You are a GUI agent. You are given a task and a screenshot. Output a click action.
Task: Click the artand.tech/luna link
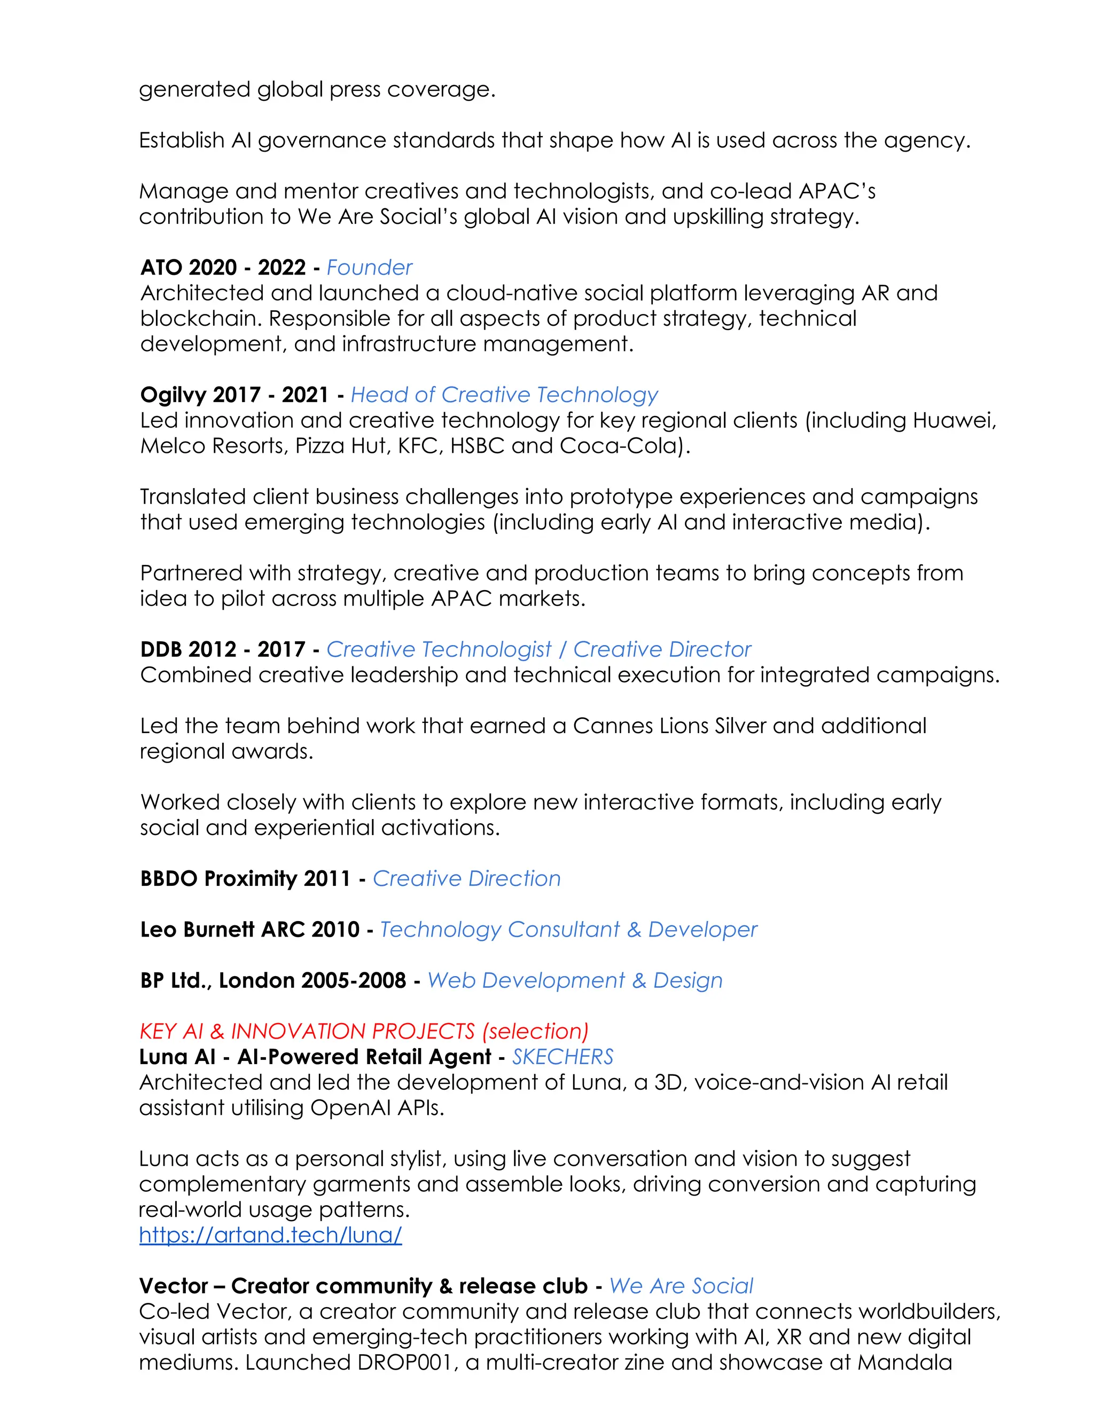click(270, 1235)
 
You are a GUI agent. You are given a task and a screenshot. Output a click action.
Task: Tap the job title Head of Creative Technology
click(504, 395)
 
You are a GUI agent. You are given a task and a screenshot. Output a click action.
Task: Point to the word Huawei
click(954, 420)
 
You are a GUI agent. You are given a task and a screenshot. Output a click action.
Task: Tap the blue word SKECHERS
click(562, 1057)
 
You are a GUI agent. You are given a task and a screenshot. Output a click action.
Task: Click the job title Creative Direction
click(467, 878)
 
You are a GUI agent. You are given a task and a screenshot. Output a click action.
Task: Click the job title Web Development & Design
click(574, 980)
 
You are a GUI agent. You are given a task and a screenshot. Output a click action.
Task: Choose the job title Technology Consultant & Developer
click(568, 930)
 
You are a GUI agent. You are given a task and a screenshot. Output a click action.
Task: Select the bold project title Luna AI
click(177, 1057)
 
